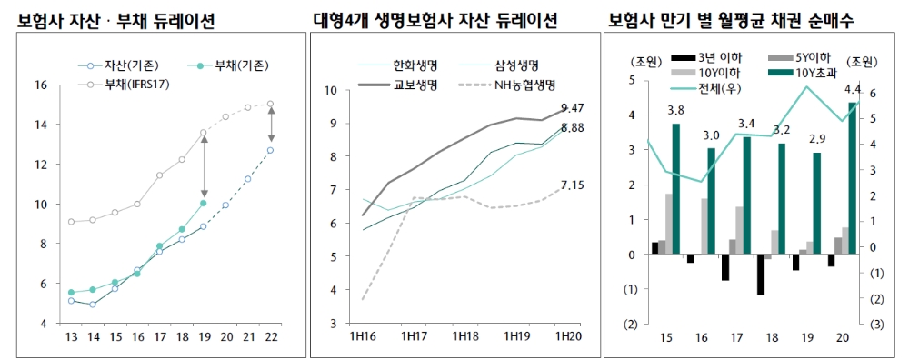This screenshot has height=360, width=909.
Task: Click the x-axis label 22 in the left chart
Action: [x=270, y=337]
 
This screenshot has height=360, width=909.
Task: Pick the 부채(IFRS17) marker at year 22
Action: [x=270, y=104]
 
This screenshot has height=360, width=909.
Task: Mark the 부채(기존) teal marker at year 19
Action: [x=204, y=203]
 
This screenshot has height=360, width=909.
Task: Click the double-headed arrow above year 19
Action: [x=204, y=167]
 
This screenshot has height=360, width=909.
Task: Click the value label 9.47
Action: [x=572, y=108]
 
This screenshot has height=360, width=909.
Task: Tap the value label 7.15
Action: [x=572, y=185]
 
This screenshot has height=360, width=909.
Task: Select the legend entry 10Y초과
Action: [x=816, y=73]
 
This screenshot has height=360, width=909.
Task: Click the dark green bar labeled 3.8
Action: [x=675, y=189]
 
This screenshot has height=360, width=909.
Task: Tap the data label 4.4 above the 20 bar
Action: [x=853, y=89]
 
